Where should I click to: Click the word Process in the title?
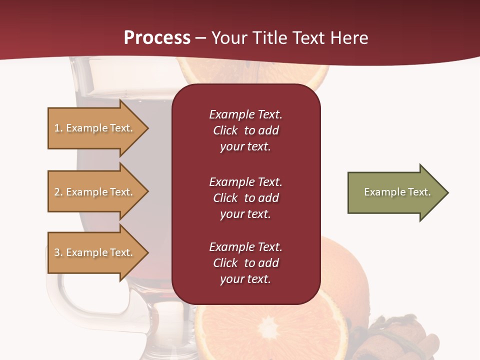tap(157, 38)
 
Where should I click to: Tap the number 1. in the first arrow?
tap(58, 128)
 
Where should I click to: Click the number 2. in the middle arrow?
tap(58, 192)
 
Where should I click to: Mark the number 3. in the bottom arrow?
tap(58, 252)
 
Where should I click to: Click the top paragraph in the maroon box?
tap(245, 130)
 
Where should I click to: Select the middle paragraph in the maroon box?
tap(245, 198)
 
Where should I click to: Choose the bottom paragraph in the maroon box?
tap(245, 263)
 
